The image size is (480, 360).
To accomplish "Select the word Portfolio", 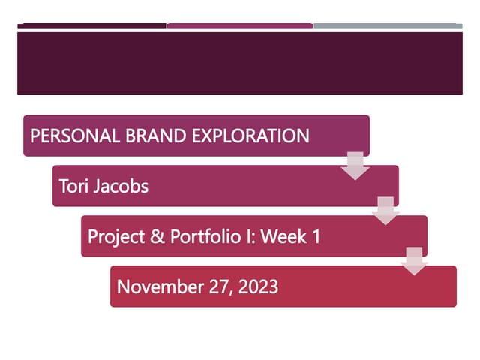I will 201,237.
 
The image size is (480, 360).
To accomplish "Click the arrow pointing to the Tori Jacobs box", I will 355,165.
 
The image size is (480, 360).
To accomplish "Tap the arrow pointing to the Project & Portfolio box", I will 385,211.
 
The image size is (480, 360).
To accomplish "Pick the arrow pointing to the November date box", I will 413,262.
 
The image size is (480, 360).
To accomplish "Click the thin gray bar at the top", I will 388,26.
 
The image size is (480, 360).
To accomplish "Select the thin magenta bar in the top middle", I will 239,26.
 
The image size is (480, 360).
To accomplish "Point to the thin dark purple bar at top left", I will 91,26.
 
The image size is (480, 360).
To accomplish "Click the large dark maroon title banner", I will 239,63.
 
